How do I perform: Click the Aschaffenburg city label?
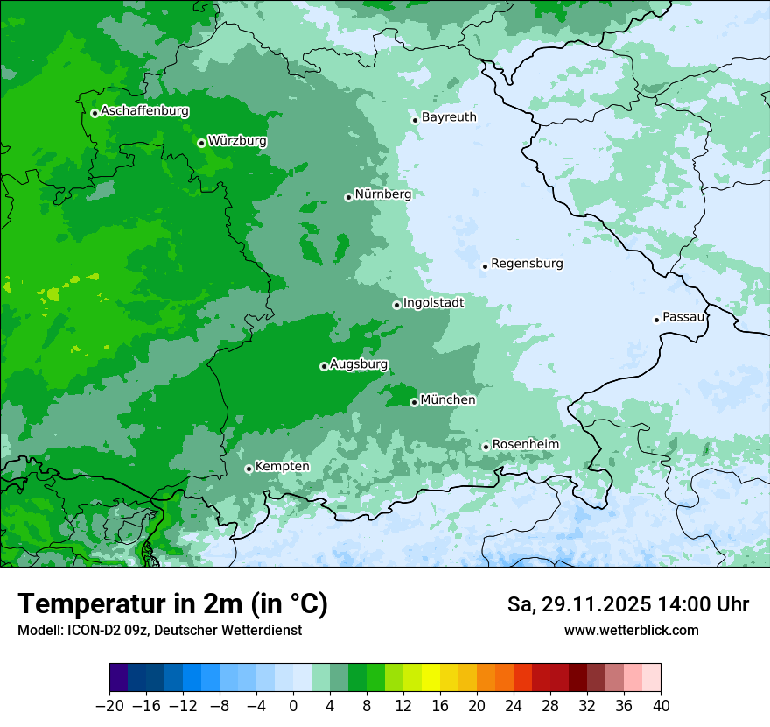(144, 111)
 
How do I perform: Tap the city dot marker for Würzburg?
(201, 143)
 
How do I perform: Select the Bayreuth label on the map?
(449, 116)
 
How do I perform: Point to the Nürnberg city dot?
(348, 197)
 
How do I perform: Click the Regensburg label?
(527, 263)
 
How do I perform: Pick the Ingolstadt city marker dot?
(396, 305)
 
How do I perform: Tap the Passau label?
(683, 317)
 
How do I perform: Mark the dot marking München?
(414, 403)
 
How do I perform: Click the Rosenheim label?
(525, 444)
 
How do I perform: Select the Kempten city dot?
(248, 469)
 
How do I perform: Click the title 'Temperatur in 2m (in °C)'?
(172, 603)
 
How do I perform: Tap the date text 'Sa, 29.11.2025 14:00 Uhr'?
(627, 604)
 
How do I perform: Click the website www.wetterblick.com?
(631, 630)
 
